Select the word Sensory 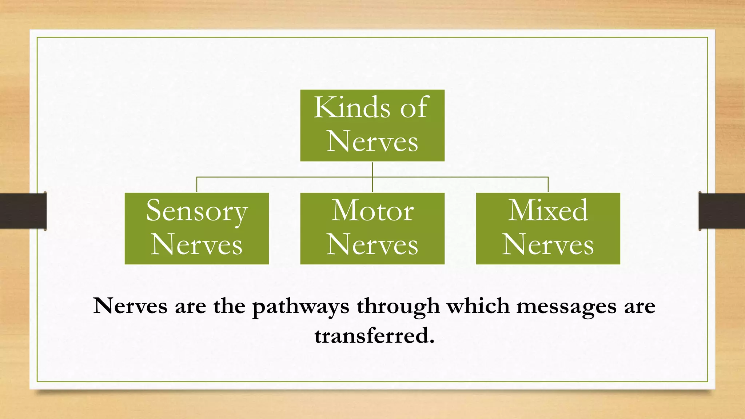tap(197, 211)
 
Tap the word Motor tap(372, 211)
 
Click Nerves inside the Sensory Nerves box tap(196, 244)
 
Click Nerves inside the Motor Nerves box tap(372, 244)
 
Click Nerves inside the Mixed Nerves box tap(548, 244)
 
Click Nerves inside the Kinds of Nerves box tap(372, 141)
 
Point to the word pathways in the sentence tap(300, 307)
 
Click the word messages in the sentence tap(566, 306)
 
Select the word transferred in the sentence tap(374, 335)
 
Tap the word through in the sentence tap(398, 307)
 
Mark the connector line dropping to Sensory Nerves tap(197, 185)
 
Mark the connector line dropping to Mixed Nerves tap(548, 185)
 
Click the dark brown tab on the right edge tap(722, 211)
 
